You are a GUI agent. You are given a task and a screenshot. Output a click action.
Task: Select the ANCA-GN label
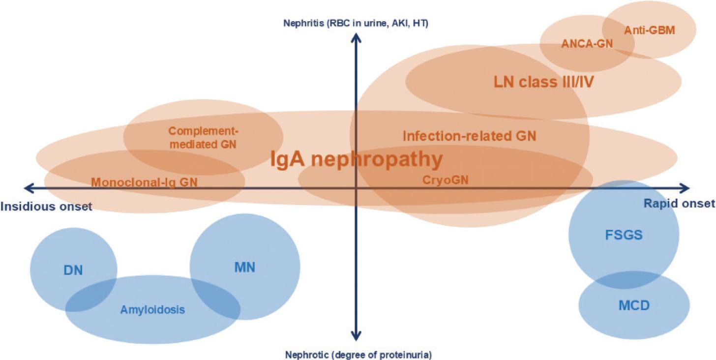click(587, 44)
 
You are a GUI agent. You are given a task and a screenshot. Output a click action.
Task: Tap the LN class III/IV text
click(544, 82)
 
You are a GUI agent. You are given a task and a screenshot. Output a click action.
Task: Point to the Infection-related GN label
click(469, 135)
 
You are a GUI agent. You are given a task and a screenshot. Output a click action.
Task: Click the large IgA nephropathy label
click(357, 159)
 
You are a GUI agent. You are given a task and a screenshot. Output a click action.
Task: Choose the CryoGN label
click(446, 180)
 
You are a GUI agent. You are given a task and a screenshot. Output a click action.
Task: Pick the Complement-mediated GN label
click(202, 138)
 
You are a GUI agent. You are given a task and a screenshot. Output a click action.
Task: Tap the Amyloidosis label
click(152, 310)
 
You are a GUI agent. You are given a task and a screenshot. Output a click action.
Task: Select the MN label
click(244, 267)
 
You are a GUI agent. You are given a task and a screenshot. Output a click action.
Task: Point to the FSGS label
click(624, 235)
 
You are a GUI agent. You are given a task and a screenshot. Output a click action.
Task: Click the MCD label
click(634, 305)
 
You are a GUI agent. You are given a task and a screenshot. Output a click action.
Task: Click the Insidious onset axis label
click(46, 206)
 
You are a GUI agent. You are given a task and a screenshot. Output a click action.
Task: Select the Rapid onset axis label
click(680, 204)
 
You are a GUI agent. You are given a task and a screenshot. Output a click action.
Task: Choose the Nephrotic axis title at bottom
click(358, 354)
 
